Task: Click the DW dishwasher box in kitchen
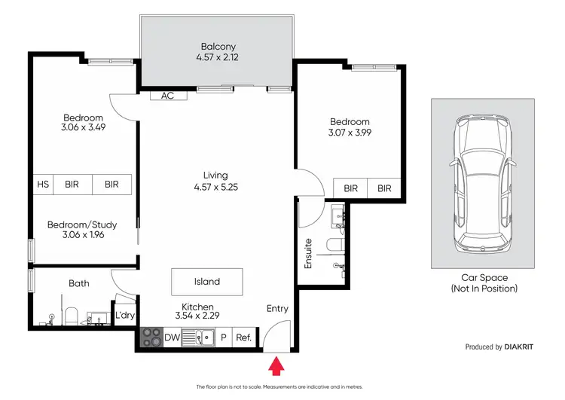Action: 173,338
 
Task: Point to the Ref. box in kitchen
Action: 243,338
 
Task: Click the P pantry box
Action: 223,338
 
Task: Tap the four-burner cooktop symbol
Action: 151,338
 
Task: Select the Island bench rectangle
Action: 207,282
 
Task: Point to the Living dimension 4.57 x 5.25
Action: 215,188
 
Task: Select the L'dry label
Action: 124,316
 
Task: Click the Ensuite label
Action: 307,255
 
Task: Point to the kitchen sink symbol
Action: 201,338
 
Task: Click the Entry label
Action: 277,309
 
